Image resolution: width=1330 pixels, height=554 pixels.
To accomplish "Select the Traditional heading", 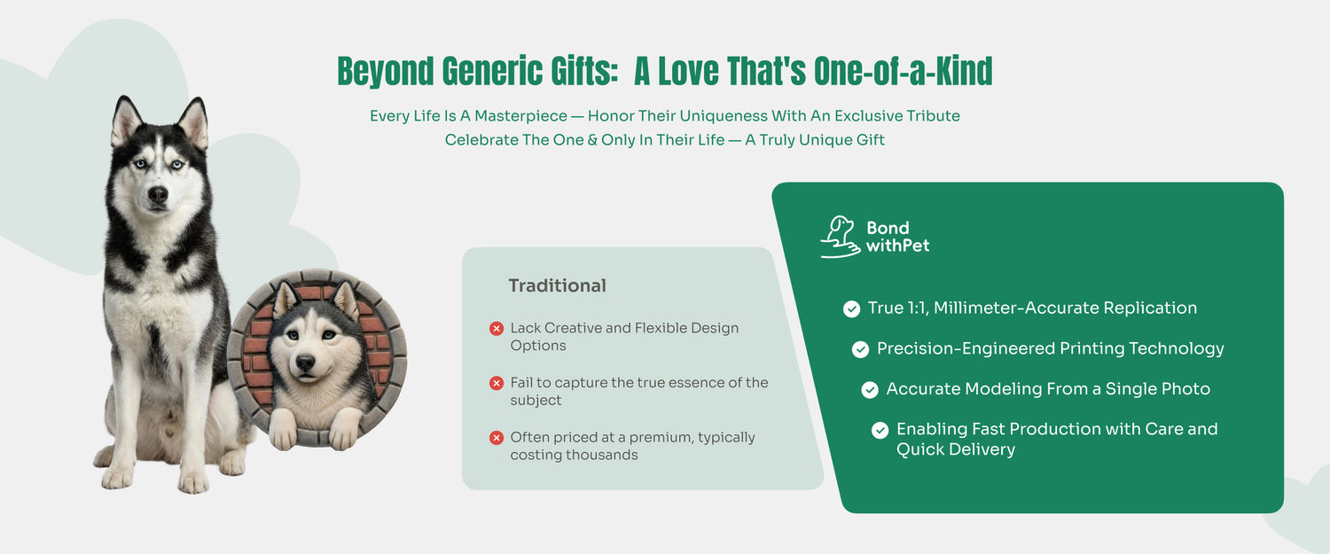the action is point(557,285).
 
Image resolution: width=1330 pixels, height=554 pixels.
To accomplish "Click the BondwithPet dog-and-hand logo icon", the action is point(841,237).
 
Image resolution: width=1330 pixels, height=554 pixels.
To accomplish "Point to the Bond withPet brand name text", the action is point(897,237).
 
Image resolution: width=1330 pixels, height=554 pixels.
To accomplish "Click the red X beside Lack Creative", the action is point(497,328).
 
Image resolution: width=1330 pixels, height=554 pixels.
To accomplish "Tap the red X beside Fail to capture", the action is point(497,383).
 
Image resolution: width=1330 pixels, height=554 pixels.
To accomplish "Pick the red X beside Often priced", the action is point(497,438).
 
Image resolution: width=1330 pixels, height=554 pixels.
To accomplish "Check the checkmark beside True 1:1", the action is point(851,308).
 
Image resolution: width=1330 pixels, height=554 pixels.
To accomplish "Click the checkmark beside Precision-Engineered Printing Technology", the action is point(860,349).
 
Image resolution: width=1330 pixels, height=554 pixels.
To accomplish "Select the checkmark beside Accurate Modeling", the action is point(870,389).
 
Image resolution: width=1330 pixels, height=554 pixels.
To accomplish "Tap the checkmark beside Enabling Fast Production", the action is point(880,430).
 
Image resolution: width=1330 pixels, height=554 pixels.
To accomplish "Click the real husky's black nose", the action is point(158,193).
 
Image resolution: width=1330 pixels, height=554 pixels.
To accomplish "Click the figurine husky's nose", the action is point(305,363).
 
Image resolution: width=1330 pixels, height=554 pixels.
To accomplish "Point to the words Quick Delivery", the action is point(955,449).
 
